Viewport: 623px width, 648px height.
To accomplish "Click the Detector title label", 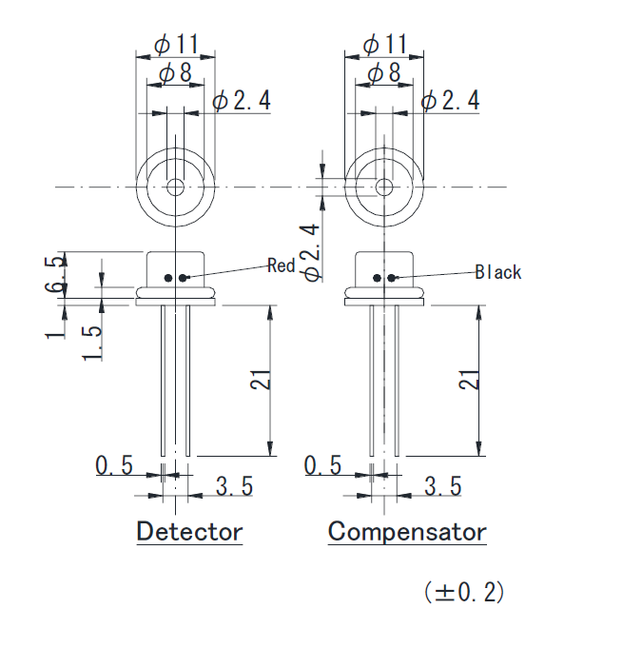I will (x=189, y=531).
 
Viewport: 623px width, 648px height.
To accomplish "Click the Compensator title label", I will (x=406, y=531).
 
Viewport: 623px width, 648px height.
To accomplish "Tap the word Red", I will (x=281, y=265).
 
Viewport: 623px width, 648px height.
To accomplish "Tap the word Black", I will (x=498, y=272).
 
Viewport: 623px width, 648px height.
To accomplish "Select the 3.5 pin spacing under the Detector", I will (x=234, y=486).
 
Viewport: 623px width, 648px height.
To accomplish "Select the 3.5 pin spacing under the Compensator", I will (x=442, y=486).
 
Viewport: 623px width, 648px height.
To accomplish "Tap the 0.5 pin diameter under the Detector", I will (x=114, y=465).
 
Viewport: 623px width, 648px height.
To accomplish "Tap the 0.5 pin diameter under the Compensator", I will (x=322, y=465).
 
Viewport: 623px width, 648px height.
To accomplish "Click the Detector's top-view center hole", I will (x=175, y=187).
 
